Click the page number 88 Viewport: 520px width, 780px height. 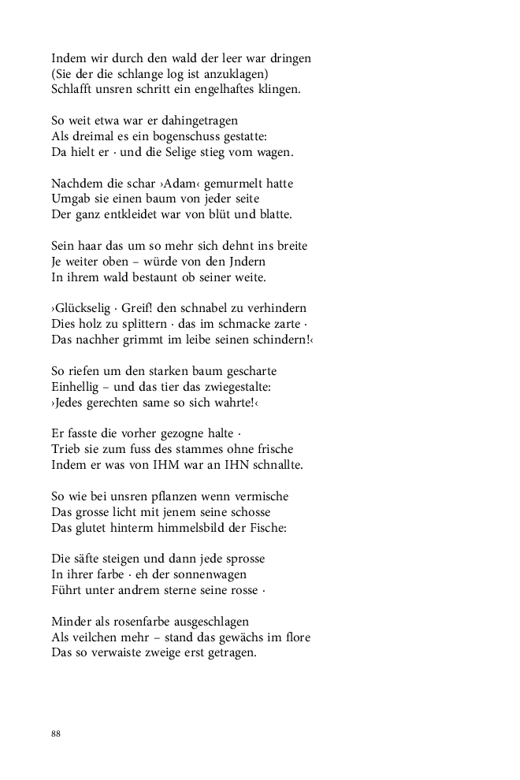56,734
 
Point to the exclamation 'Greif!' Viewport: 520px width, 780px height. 139,308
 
